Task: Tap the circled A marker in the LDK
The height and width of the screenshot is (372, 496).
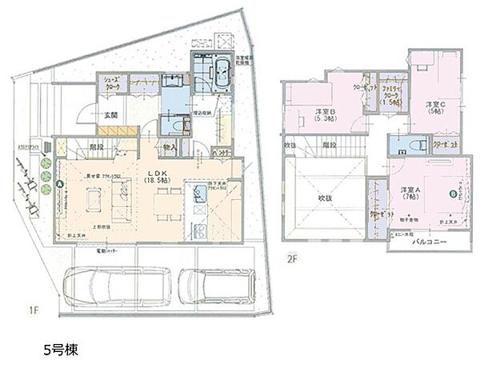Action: (60, 183)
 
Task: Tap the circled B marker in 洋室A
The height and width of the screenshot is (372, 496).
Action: (454, 194)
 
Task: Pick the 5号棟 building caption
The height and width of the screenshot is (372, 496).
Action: (60, 350)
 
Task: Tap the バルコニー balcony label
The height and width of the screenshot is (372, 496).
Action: (424, 240)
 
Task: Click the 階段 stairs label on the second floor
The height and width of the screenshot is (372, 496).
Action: (327, 146)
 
